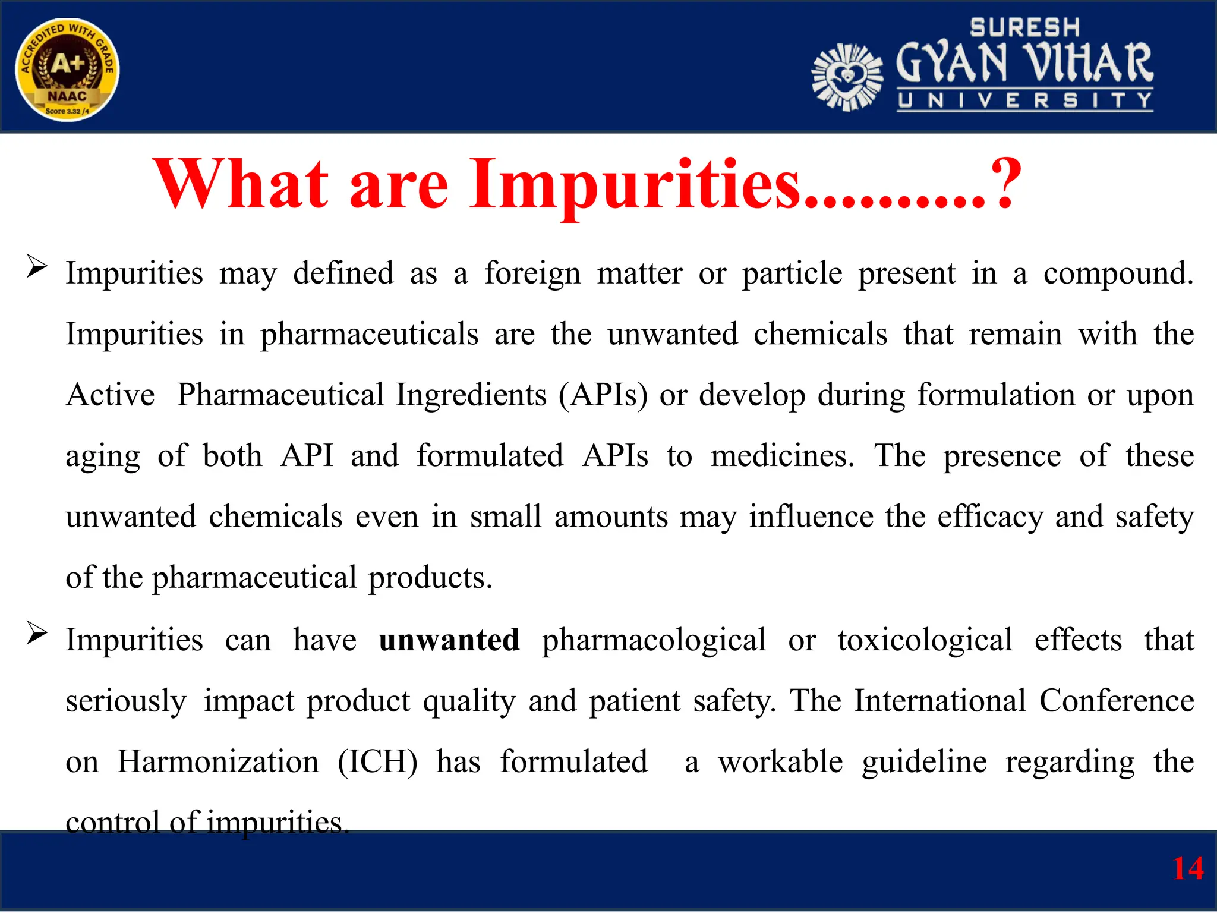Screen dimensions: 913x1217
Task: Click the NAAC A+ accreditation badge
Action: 67,70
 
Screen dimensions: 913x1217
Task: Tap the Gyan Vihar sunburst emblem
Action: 847,77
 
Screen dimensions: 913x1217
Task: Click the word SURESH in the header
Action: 1024,27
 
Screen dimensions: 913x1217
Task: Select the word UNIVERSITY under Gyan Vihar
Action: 1024,101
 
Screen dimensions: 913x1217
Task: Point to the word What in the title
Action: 241,184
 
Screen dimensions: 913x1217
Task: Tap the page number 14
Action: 1187,868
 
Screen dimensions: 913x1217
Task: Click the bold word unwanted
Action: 449,640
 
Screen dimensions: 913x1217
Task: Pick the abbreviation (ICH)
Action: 377,762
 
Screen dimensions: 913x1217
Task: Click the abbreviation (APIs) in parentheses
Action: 603,395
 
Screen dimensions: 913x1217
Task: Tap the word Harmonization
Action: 218,762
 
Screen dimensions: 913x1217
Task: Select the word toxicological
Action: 925,640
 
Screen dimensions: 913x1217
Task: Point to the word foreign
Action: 532,273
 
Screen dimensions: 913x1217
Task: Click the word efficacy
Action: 990,517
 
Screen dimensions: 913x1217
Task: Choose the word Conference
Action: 1117,701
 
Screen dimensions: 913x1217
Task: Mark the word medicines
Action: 782,456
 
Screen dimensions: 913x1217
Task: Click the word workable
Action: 780,762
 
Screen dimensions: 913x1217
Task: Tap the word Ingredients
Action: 471,395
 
